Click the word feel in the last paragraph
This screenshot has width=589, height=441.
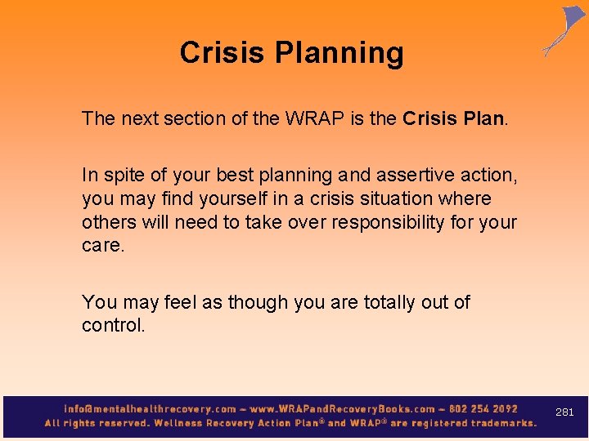(182, 302)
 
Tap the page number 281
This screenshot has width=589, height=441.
(564, 412)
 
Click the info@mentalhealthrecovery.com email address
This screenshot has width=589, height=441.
(151, 408)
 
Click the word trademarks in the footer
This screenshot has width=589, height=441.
(498, 423)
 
